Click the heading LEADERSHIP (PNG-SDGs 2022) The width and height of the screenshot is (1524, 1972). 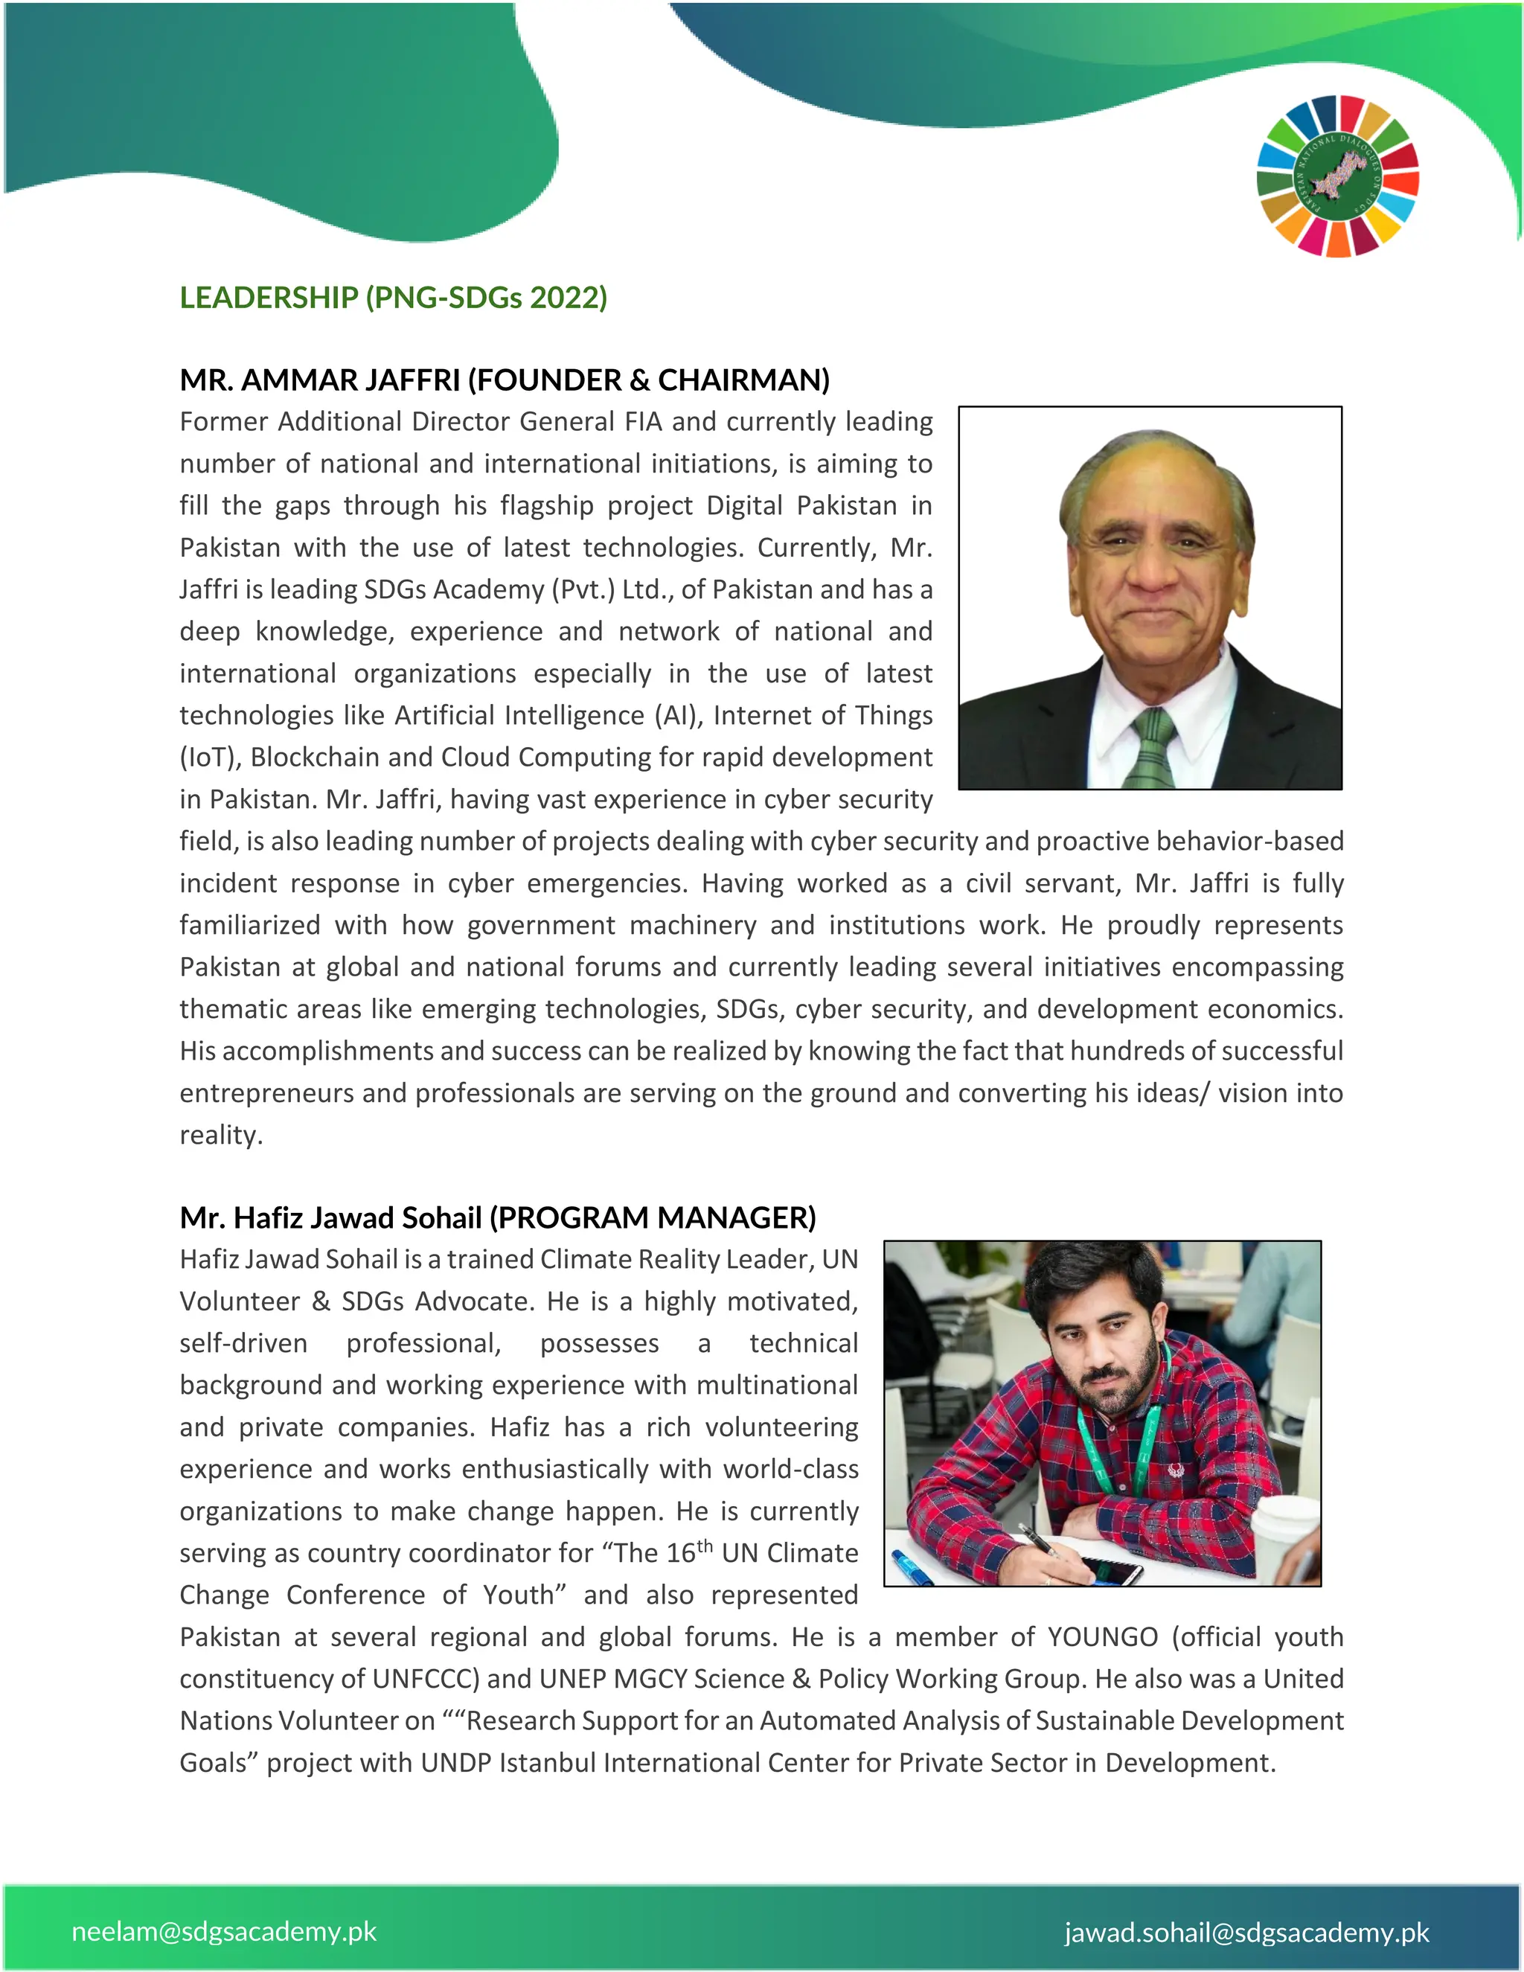[x=393, y=298]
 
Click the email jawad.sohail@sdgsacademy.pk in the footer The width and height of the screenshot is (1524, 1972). [x=1247, y=1933]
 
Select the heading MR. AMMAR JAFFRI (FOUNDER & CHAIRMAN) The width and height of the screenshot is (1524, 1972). [x=504, y=380]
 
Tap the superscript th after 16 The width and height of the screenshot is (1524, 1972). [x=704, y=1547]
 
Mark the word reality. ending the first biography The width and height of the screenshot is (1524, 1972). [x=220, y=1135]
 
